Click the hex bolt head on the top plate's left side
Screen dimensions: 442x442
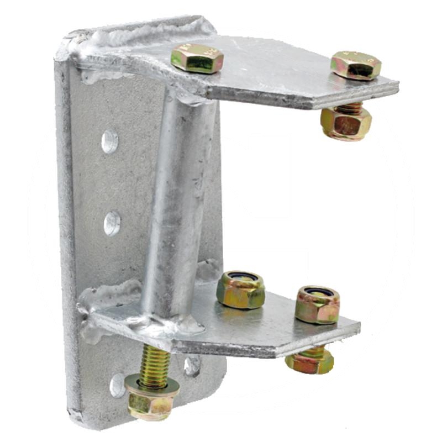coord(197,58)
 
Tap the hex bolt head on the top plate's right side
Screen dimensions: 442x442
coord(356,65)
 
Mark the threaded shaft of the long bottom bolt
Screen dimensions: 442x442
coord(155,364)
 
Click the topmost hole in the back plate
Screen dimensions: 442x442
coord(110,141)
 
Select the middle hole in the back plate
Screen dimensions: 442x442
coord(112,223)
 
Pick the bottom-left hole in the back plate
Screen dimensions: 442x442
coord(118,385)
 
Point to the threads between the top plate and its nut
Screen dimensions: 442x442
coord(349,107)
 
